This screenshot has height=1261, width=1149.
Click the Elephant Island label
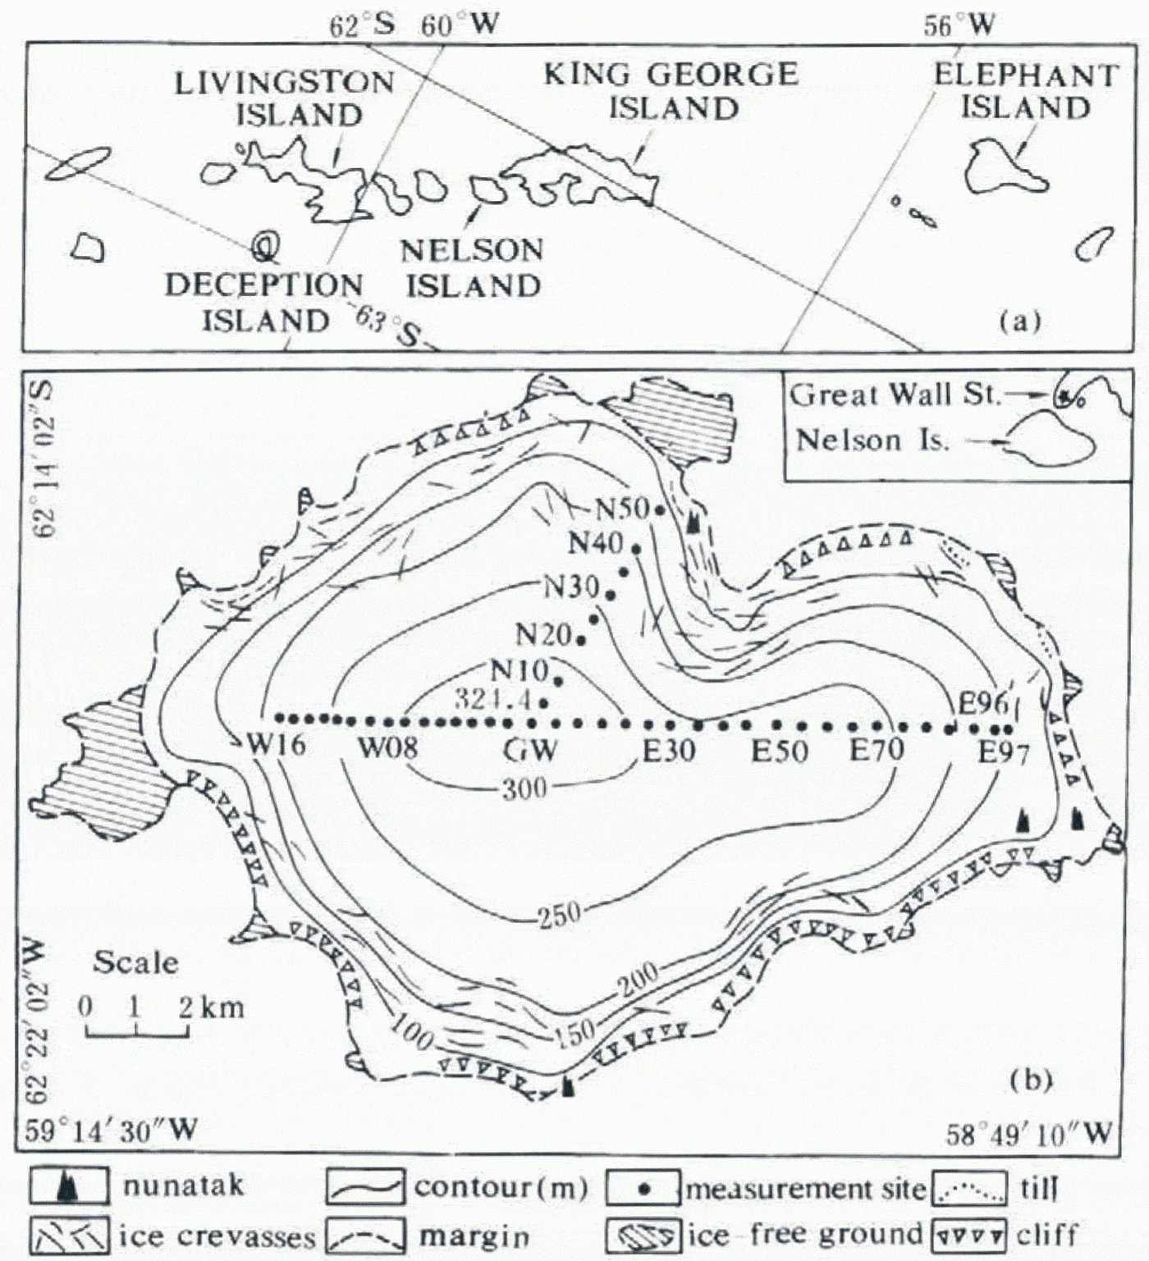(1026, 91)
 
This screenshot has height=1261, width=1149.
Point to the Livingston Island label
(285, 98)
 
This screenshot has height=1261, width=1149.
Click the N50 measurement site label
(622, 509)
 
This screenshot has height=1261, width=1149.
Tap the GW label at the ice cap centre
(530, 750)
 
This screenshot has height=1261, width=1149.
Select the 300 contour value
(524, 788)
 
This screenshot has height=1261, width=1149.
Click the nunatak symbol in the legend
(69, 1188)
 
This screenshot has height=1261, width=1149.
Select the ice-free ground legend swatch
(643, 1234)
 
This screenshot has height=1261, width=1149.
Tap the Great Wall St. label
(895, 395)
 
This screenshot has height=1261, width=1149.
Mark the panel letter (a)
(1019, 322)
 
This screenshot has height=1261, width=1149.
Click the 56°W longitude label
(958, 26)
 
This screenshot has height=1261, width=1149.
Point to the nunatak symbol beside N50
(694, 519)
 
